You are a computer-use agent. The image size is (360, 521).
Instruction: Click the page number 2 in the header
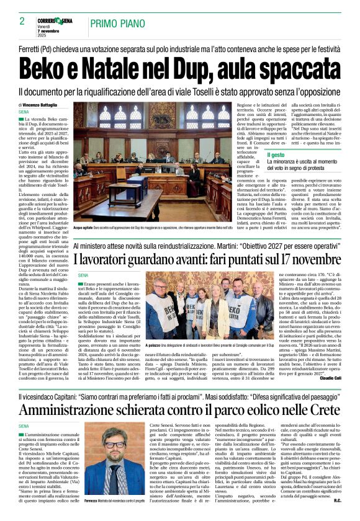coord(22,21)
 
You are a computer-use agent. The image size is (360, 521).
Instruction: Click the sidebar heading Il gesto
coord(277,154)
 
